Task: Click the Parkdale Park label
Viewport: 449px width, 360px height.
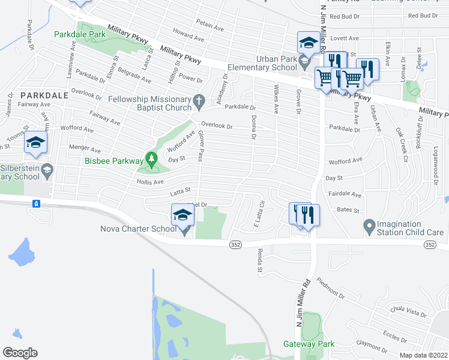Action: [80, 35]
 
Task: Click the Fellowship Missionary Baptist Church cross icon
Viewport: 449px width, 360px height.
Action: [201, 100]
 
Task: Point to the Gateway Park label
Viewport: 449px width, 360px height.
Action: [309, 344]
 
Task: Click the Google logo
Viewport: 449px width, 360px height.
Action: [20, 352]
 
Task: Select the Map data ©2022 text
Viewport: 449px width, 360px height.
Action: [424, 355]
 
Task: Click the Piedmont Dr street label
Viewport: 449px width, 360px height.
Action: [330, 287]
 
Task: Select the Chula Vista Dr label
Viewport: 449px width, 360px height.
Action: [408, 313]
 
